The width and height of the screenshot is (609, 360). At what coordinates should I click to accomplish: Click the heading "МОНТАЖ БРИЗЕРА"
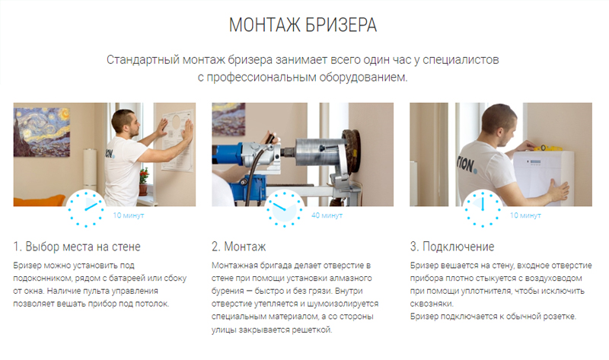[304, 24]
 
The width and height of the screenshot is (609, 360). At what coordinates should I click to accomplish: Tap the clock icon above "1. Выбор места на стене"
[85, 207]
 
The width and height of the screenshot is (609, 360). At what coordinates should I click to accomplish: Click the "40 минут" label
[327, 216]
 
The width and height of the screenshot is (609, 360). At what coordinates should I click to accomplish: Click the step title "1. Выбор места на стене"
[77, 247]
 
